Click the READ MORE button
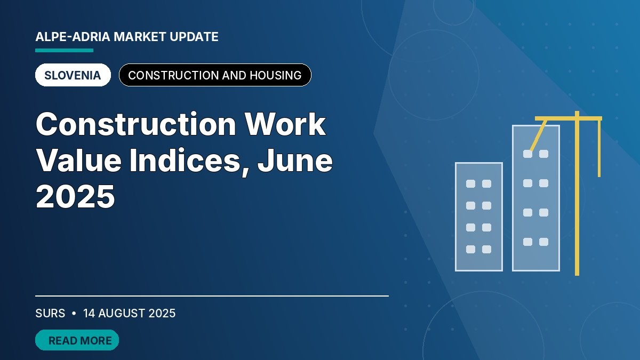77,340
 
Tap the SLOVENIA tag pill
73,75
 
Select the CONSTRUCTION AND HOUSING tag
215,75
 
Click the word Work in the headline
285,124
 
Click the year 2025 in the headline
75,197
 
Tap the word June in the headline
295,161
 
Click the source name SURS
50,314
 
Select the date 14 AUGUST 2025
129,314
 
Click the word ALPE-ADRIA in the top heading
73,37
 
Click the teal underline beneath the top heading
65,50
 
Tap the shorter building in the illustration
479,217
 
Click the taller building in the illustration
536,198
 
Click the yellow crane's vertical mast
577,194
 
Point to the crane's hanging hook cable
599,149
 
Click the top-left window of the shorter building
470,183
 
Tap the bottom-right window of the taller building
543,242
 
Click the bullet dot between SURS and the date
74,314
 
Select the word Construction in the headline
136,124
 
